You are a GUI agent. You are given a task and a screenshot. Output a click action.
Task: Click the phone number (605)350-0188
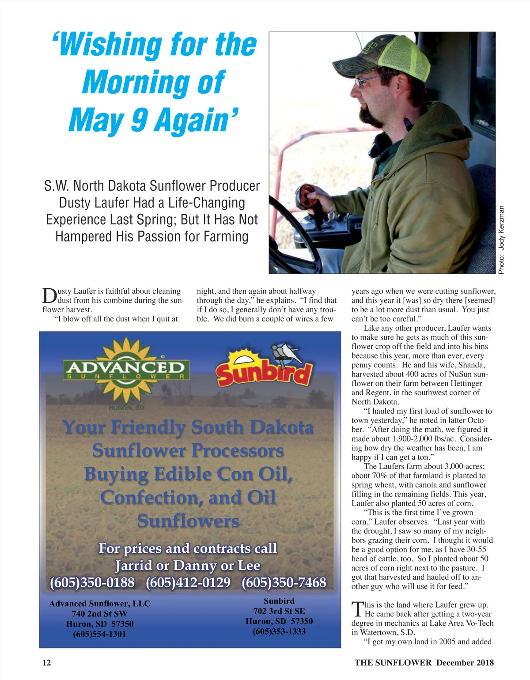point(92,582)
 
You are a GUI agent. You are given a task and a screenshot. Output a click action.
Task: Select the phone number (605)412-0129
point(188,582)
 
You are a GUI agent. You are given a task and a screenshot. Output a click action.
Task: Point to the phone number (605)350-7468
point(284,582)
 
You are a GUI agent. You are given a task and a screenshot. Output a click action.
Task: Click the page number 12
point(46,662)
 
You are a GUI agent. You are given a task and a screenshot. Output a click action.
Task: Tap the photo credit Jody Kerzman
point(501,240)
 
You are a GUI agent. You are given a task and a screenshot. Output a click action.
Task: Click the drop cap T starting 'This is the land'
point(357,609)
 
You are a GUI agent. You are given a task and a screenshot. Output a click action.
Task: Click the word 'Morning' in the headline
point(153,83)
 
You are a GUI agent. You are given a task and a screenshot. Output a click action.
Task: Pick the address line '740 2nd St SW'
point(99,614)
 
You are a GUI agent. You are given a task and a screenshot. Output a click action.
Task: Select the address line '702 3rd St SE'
point(279,611)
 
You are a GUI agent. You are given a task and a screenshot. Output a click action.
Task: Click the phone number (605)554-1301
point(99,634)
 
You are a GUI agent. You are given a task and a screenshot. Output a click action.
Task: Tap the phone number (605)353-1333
point(279,631)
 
